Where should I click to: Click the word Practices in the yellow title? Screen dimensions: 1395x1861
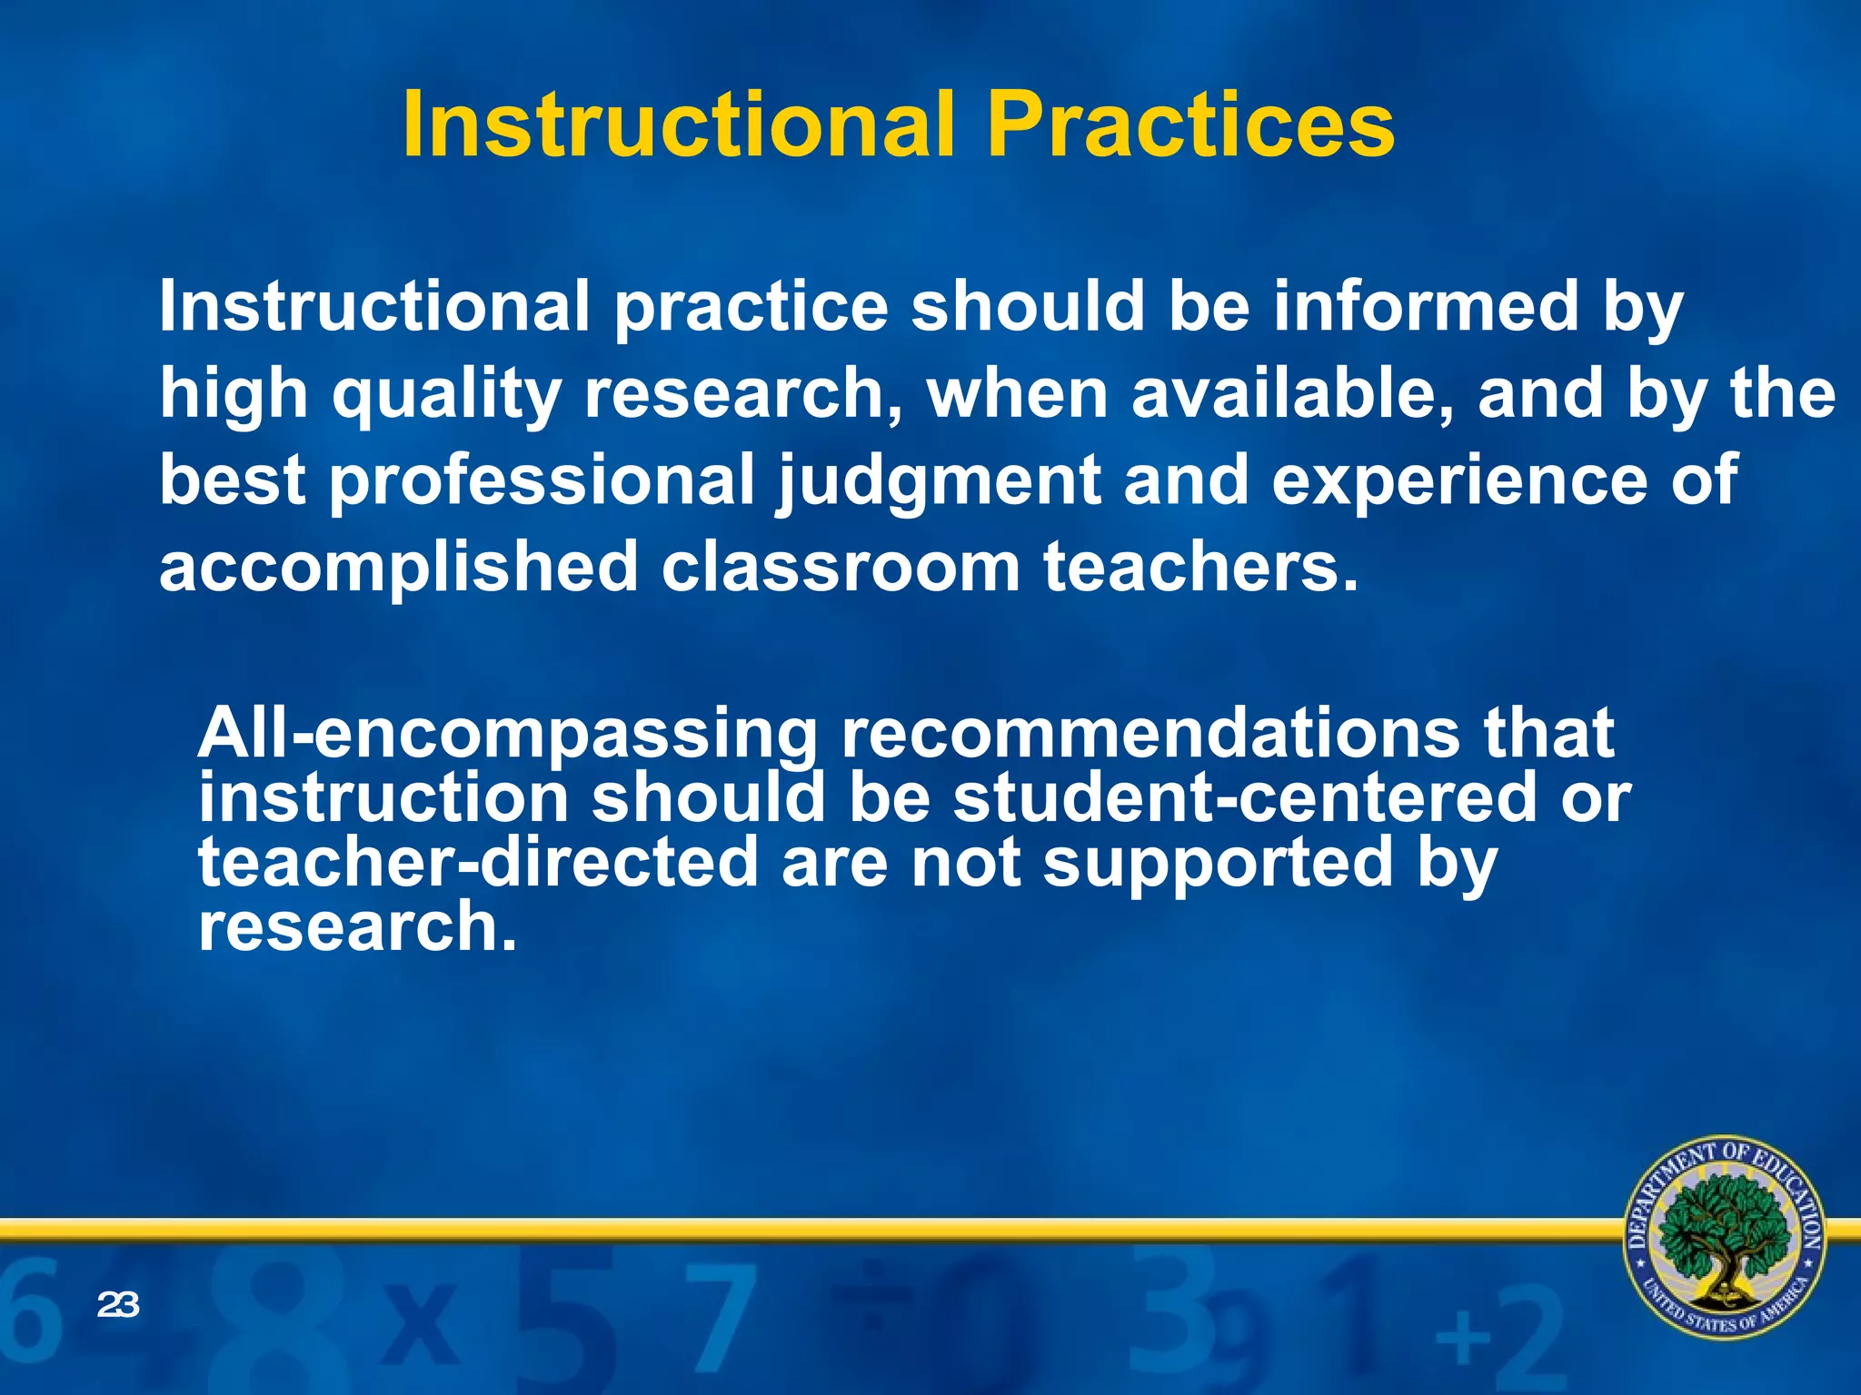[x=1190, y=125]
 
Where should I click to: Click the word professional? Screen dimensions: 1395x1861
[x=542, y=481]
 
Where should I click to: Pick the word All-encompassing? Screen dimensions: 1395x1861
[x=507, y=734]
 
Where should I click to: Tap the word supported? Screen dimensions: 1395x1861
[x=1218, y=863]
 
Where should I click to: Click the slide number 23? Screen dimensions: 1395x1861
[x=117, y=1305]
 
